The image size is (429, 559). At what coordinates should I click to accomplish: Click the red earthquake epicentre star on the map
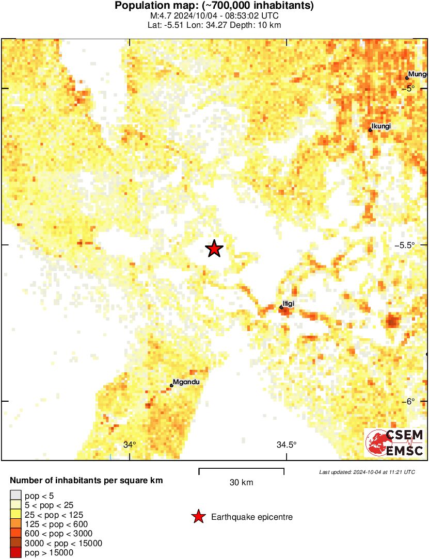[214, 249]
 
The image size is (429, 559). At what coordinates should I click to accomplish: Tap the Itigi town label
[289, 303]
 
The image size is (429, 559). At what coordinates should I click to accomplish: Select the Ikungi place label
[381, 126]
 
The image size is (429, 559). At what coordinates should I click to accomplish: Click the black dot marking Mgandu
[171, 386]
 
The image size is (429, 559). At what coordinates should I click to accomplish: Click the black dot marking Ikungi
[370, 130]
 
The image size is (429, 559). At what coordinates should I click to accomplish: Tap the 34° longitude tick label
[130, 445]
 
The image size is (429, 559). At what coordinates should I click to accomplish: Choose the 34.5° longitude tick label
[286, 445]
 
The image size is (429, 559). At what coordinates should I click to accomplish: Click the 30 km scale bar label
[241, 483]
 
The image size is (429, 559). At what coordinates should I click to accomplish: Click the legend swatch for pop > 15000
[16, 553]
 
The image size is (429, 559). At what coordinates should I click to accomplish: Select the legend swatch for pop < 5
[16, 496]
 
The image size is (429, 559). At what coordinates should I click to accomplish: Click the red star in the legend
[198, 517]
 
